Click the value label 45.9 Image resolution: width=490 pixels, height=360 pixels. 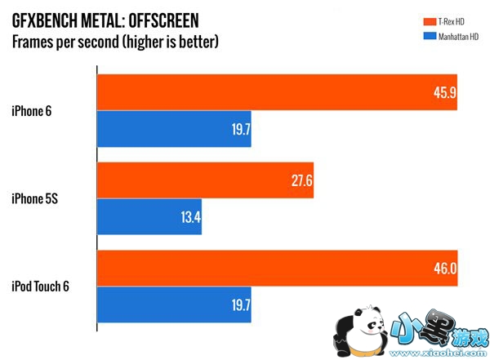tap(445, 93)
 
